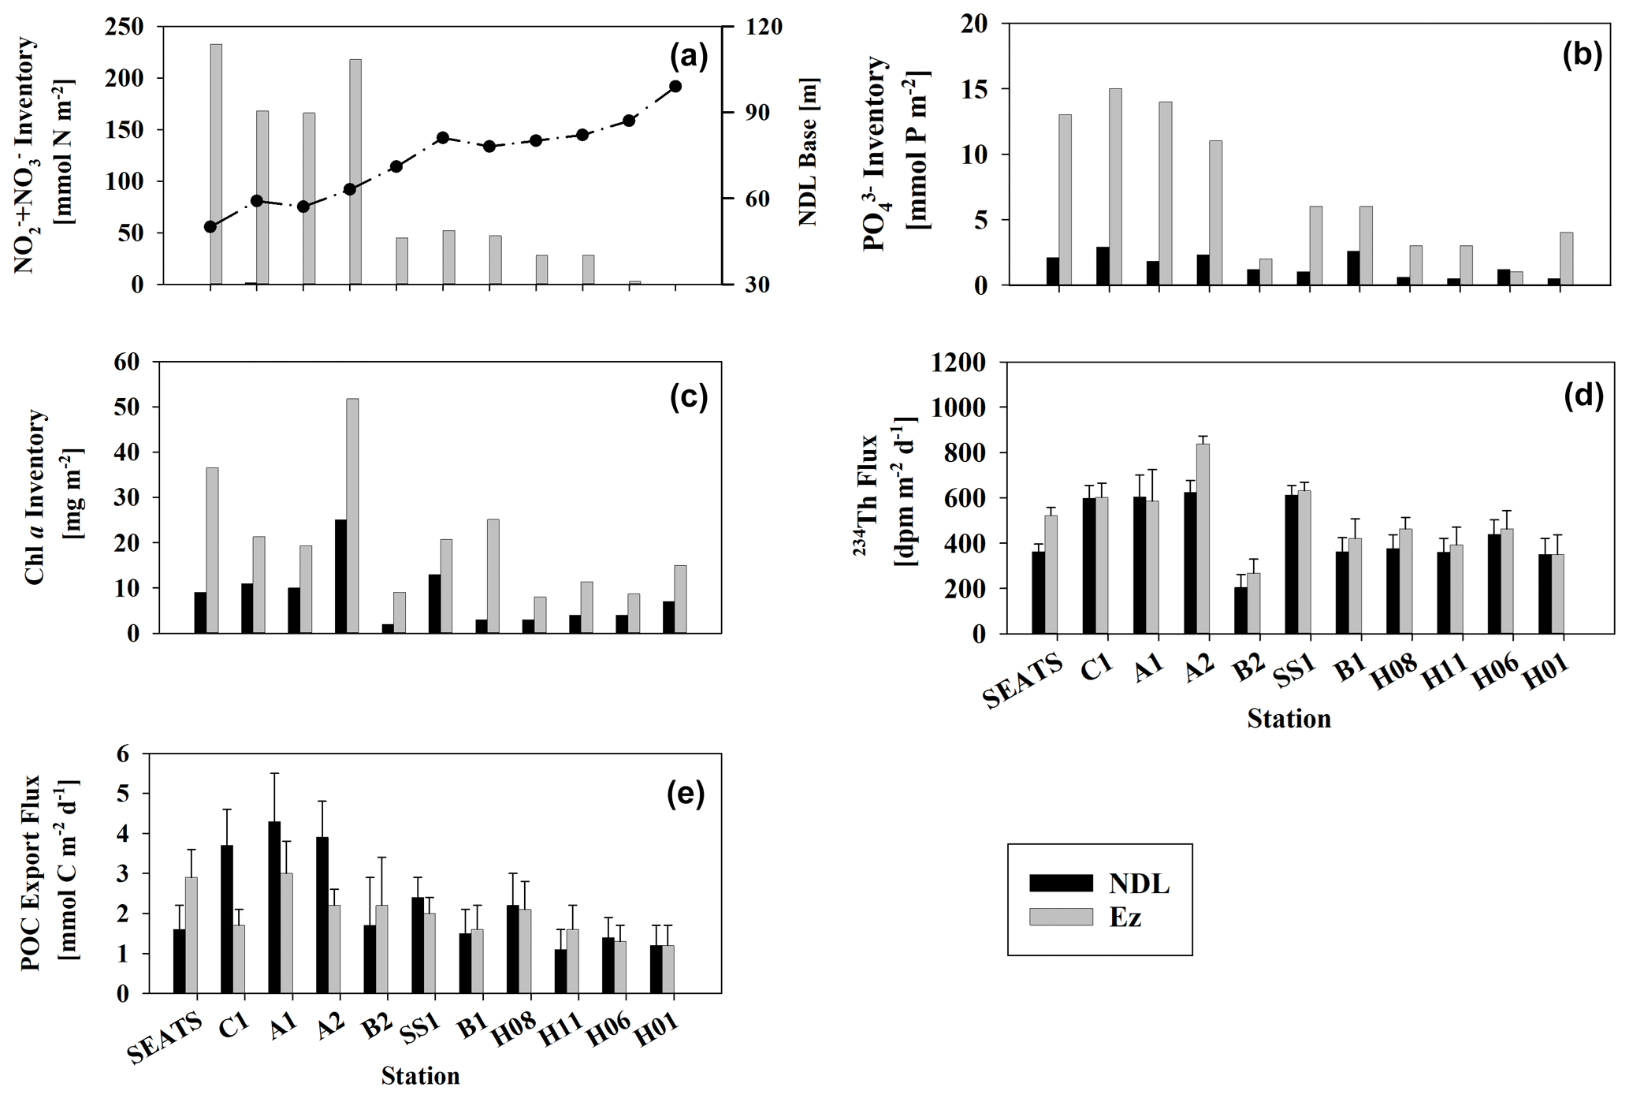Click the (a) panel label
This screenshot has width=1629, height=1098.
point(688,57)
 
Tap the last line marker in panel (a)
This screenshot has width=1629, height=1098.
point(675,86)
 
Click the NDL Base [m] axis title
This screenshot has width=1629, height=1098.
point(809,151)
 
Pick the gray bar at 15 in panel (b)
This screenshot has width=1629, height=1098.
point(1115,186)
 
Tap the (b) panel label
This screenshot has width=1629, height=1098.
point(1583,56)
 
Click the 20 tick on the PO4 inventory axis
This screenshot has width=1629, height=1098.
point(976,24)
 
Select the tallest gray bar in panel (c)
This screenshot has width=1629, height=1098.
point(352,516)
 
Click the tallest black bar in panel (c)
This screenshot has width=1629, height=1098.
point(340,576)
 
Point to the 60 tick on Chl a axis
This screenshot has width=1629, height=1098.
point(126,362)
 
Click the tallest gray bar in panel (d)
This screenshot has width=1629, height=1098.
point(1203,538)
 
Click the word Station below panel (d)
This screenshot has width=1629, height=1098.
point(1289,719)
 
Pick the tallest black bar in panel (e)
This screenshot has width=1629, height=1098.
point(274,907)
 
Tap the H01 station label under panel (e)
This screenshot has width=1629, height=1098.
point(658,1031)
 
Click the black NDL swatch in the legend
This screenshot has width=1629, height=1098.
point(1061,883)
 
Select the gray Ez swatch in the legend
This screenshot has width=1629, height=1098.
point(1061,917)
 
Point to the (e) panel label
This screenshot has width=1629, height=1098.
point(685,795)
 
